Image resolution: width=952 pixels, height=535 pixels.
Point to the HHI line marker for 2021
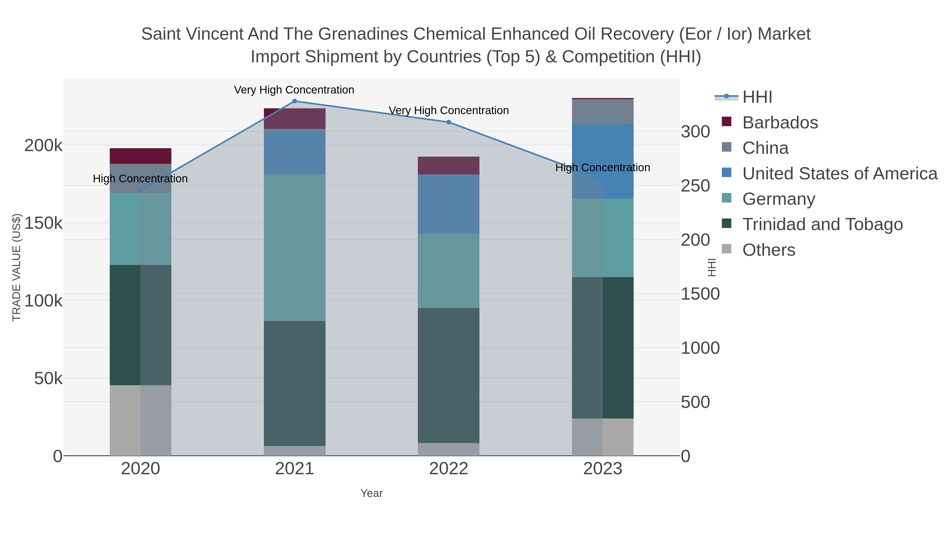click(295, 101)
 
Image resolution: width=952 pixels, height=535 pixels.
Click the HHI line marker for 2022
click(449, 122)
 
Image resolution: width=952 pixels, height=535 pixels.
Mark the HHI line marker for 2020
click(140, 190)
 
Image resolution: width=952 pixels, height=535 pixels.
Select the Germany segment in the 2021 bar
click(295, 247)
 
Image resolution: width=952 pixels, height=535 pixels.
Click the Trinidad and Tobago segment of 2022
click(449, 375)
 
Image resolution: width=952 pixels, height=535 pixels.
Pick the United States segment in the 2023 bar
click(603, 161)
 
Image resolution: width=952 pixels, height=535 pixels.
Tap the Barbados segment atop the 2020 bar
click(140, 156)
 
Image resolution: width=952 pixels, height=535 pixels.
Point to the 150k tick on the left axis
click(43, 223)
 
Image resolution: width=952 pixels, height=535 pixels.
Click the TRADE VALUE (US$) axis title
click(17, 267)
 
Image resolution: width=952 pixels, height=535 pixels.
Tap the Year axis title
click(372, 493)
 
